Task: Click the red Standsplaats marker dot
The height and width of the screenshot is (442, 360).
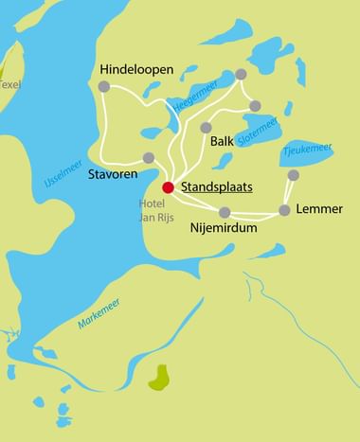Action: pos(168,186)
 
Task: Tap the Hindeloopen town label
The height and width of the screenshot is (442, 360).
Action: pos(136,69)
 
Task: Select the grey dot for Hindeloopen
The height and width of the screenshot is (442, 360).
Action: pos(104,87)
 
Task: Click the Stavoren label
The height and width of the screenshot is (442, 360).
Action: pos(113,175)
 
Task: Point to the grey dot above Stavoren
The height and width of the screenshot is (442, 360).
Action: pos(149,158)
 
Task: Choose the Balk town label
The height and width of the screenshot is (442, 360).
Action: pos(222,141)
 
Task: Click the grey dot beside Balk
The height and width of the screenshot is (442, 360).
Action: pos(206,128)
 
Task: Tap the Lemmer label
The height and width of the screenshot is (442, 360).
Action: pos(319,208)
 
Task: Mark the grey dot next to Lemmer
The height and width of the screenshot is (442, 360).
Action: pos(284,210)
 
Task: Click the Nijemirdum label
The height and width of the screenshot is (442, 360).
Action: pos(225,228)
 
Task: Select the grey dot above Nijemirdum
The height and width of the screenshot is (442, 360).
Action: pos(225,212)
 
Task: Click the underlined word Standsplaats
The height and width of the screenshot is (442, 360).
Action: pos(216,187)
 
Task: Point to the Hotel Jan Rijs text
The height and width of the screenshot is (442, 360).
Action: pos(152,211)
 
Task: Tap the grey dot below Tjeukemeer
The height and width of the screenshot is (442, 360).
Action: pos(294,175)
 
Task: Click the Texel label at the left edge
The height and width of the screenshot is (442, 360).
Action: pos(9,83)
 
